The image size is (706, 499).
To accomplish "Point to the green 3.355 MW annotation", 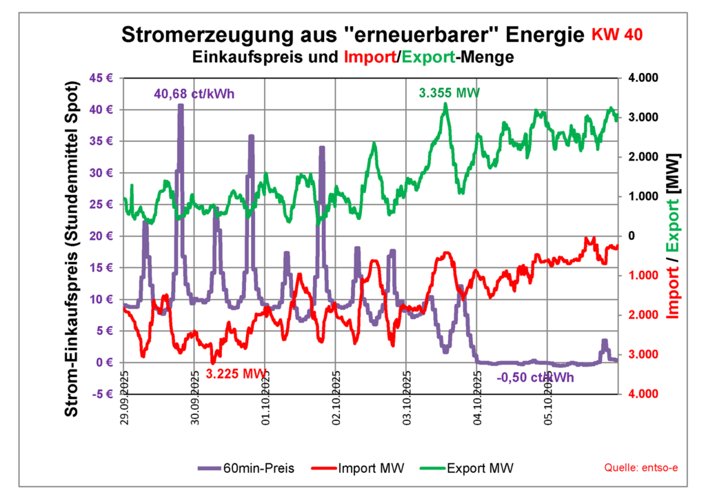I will (x=450, y=92).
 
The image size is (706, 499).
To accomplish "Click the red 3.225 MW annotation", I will (x=236, y=374).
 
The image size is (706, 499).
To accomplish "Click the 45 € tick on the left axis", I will (x=101, y=78).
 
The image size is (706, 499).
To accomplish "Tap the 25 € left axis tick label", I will (x=101, y=204).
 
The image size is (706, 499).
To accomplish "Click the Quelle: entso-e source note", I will (x=641, y=469).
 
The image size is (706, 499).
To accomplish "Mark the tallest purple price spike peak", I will (x=181, y=105).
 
